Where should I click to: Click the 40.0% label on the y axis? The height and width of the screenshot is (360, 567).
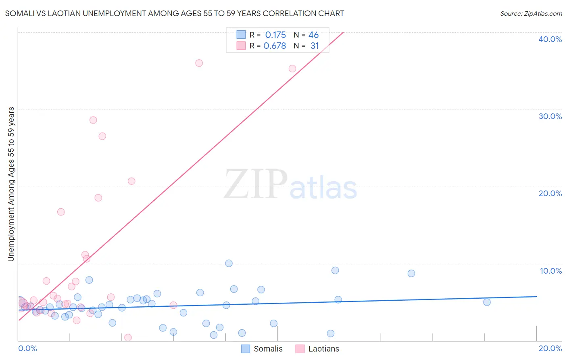click(550, 39)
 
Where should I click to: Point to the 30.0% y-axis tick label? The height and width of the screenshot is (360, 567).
click(550, 116)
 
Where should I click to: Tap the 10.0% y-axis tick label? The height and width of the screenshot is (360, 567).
click(551, 271)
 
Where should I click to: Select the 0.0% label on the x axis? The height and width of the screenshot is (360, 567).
click(27, 349)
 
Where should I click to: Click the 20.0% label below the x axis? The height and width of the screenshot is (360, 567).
click(550, 349)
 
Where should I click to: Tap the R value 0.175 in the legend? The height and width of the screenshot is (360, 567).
click(275, 35)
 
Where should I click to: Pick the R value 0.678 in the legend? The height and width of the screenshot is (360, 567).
click(275, 46)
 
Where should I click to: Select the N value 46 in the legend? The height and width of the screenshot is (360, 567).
click(313, 35)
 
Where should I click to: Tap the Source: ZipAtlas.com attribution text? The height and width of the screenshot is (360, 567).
click(531, 14)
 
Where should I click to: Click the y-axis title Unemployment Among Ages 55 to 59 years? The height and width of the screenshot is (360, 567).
click(11, 184)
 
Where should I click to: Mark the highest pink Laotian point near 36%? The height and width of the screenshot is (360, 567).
click(199, 63)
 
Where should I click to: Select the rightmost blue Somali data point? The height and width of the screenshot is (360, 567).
click(487, 302)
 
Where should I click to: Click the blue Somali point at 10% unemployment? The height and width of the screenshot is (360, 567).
click(229, 264)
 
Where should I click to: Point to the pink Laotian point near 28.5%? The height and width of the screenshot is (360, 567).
click(93, 120)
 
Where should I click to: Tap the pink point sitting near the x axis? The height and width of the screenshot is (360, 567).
click(128, 337)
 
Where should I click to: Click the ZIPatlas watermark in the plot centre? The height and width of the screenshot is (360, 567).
click(290, 184)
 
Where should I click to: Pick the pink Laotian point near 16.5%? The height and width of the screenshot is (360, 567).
click(61, 212)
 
